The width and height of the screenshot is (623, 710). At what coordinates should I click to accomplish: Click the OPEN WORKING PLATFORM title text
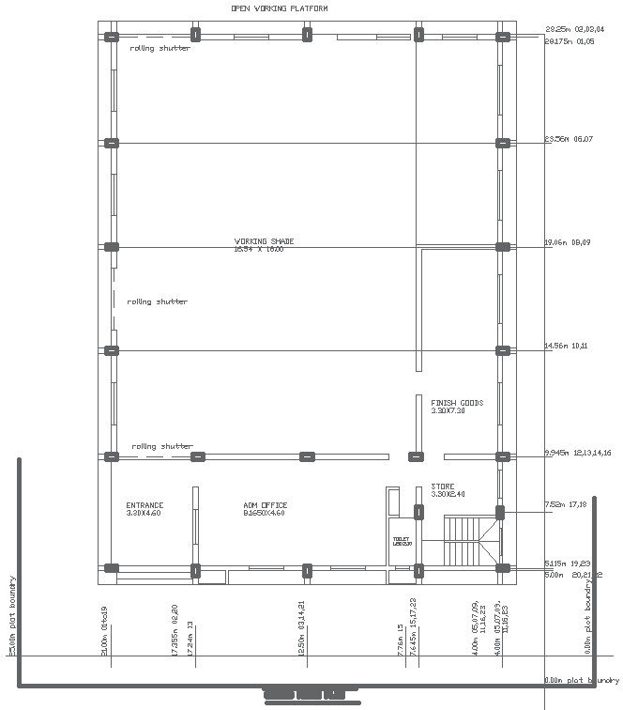pos(280,8)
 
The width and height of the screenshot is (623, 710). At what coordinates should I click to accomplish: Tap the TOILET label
pos(403,541)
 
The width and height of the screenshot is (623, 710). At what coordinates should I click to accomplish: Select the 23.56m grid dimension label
pos(569,139)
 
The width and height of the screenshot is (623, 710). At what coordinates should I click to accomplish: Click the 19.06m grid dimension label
pos(569,242)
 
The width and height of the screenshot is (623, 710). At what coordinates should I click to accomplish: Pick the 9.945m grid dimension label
pos(577,454)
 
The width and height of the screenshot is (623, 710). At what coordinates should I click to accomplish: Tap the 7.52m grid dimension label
pos(565,504)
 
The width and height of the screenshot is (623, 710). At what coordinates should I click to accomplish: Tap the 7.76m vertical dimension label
pos(400,640)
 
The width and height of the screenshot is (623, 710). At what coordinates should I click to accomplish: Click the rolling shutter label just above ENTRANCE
pos(161,446)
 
